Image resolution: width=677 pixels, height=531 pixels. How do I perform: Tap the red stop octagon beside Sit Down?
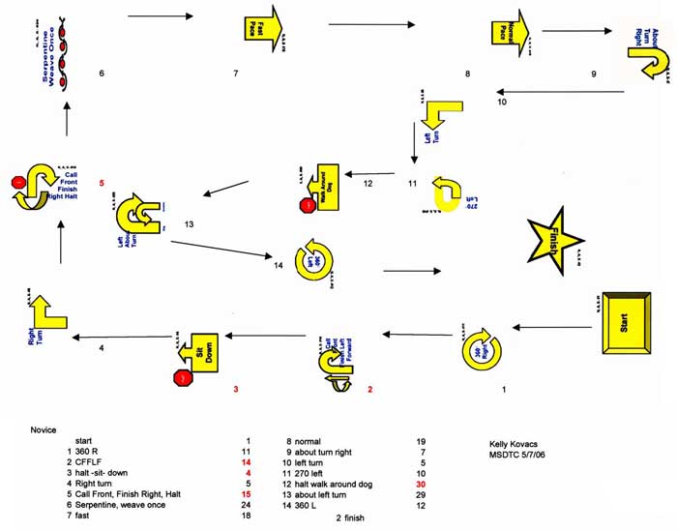pyautogui.click(x=181, y=379)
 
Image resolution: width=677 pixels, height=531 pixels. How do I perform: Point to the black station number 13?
pyautogui.click(x=189, y=224)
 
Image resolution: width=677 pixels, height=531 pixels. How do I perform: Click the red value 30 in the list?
pyautogui.click(x=421, y=484)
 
